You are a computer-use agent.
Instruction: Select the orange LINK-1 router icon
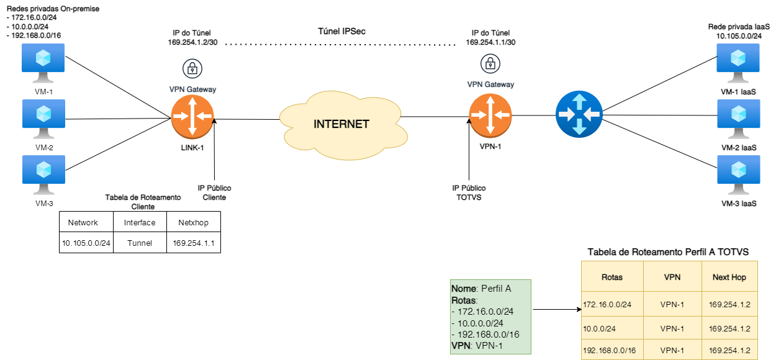tap(192, 116)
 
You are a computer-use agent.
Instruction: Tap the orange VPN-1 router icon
tap(490, 115)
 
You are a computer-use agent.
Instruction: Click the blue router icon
tap(579, 114)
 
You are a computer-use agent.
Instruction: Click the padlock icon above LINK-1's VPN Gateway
tap(192, 68)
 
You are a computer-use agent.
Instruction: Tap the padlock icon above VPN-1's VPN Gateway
tap(490, 63)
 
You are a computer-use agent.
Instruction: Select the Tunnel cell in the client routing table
tap(140, 243)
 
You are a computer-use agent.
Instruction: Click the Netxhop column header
tap(192, 222)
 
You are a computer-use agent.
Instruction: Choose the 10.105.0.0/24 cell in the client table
tap(86, 243)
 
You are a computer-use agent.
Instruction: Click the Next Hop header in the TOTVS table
tap(729, 277)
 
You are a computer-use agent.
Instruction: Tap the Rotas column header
tap(612, 277)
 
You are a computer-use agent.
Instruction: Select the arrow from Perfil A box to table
tap(556, 308)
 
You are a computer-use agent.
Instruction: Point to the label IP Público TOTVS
tap(469, 192)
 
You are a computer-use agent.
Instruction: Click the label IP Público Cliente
tap(214, 192)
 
